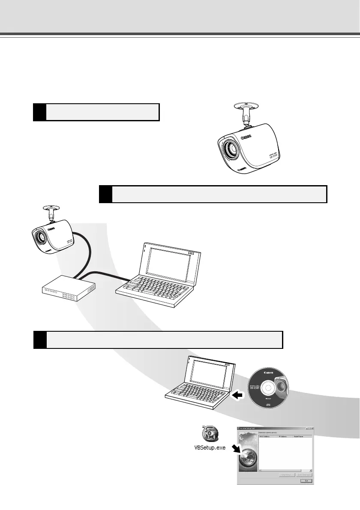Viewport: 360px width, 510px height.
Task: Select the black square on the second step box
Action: click(x=105, y=194)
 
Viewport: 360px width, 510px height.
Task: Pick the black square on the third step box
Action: click(x=40, y=340)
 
